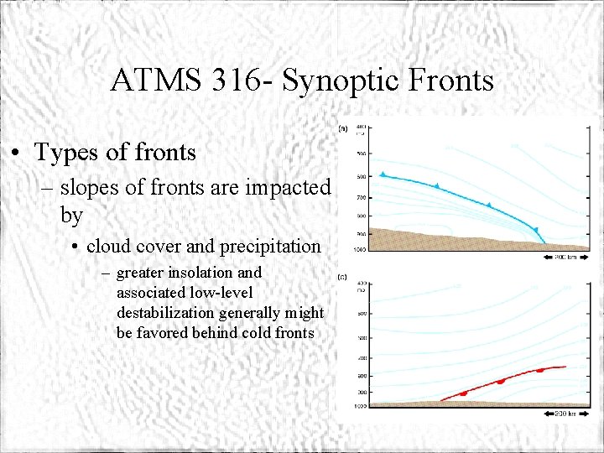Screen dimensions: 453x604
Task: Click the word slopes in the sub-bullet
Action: pos(90,188)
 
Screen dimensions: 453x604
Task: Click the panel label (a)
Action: pos(342,128)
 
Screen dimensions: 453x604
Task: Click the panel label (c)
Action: pos(342,276)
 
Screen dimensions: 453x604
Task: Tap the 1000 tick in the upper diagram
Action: pos(361,249)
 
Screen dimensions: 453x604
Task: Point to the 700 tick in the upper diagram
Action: pos(361,198)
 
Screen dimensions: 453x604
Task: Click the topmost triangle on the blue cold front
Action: pos(383,174)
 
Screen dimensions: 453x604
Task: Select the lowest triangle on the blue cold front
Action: pos(536,229)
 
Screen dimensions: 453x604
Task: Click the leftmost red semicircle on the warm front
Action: pos(462,393)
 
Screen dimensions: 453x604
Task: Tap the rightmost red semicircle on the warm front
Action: pos(539,370)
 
